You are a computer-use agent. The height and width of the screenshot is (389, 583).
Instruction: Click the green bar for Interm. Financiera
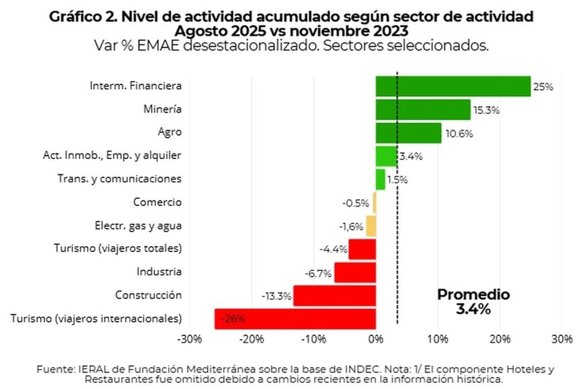point(452,86)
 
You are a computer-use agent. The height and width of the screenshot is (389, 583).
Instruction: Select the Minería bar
point(423,109)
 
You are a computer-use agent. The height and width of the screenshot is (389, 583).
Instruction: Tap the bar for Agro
point(408,133)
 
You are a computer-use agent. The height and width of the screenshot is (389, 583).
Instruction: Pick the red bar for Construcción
point(334,295)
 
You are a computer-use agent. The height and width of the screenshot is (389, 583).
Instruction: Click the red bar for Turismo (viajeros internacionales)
point(295,319)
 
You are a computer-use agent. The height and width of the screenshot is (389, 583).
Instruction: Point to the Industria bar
point(354,272)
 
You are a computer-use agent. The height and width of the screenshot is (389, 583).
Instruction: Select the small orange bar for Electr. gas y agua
point(371,226)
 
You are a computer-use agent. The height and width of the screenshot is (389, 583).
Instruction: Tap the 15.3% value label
point(487,110)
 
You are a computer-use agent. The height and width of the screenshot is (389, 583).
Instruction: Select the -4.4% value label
point(333,249)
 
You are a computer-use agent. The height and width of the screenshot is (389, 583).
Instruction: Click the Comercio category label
point(157,202)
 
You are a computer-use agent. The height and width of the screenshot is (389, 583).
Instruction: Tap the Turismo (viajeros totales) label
point(117,248)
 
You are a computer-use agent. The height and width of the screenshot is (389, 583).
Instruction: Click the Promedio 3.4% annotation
point(473,302)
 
